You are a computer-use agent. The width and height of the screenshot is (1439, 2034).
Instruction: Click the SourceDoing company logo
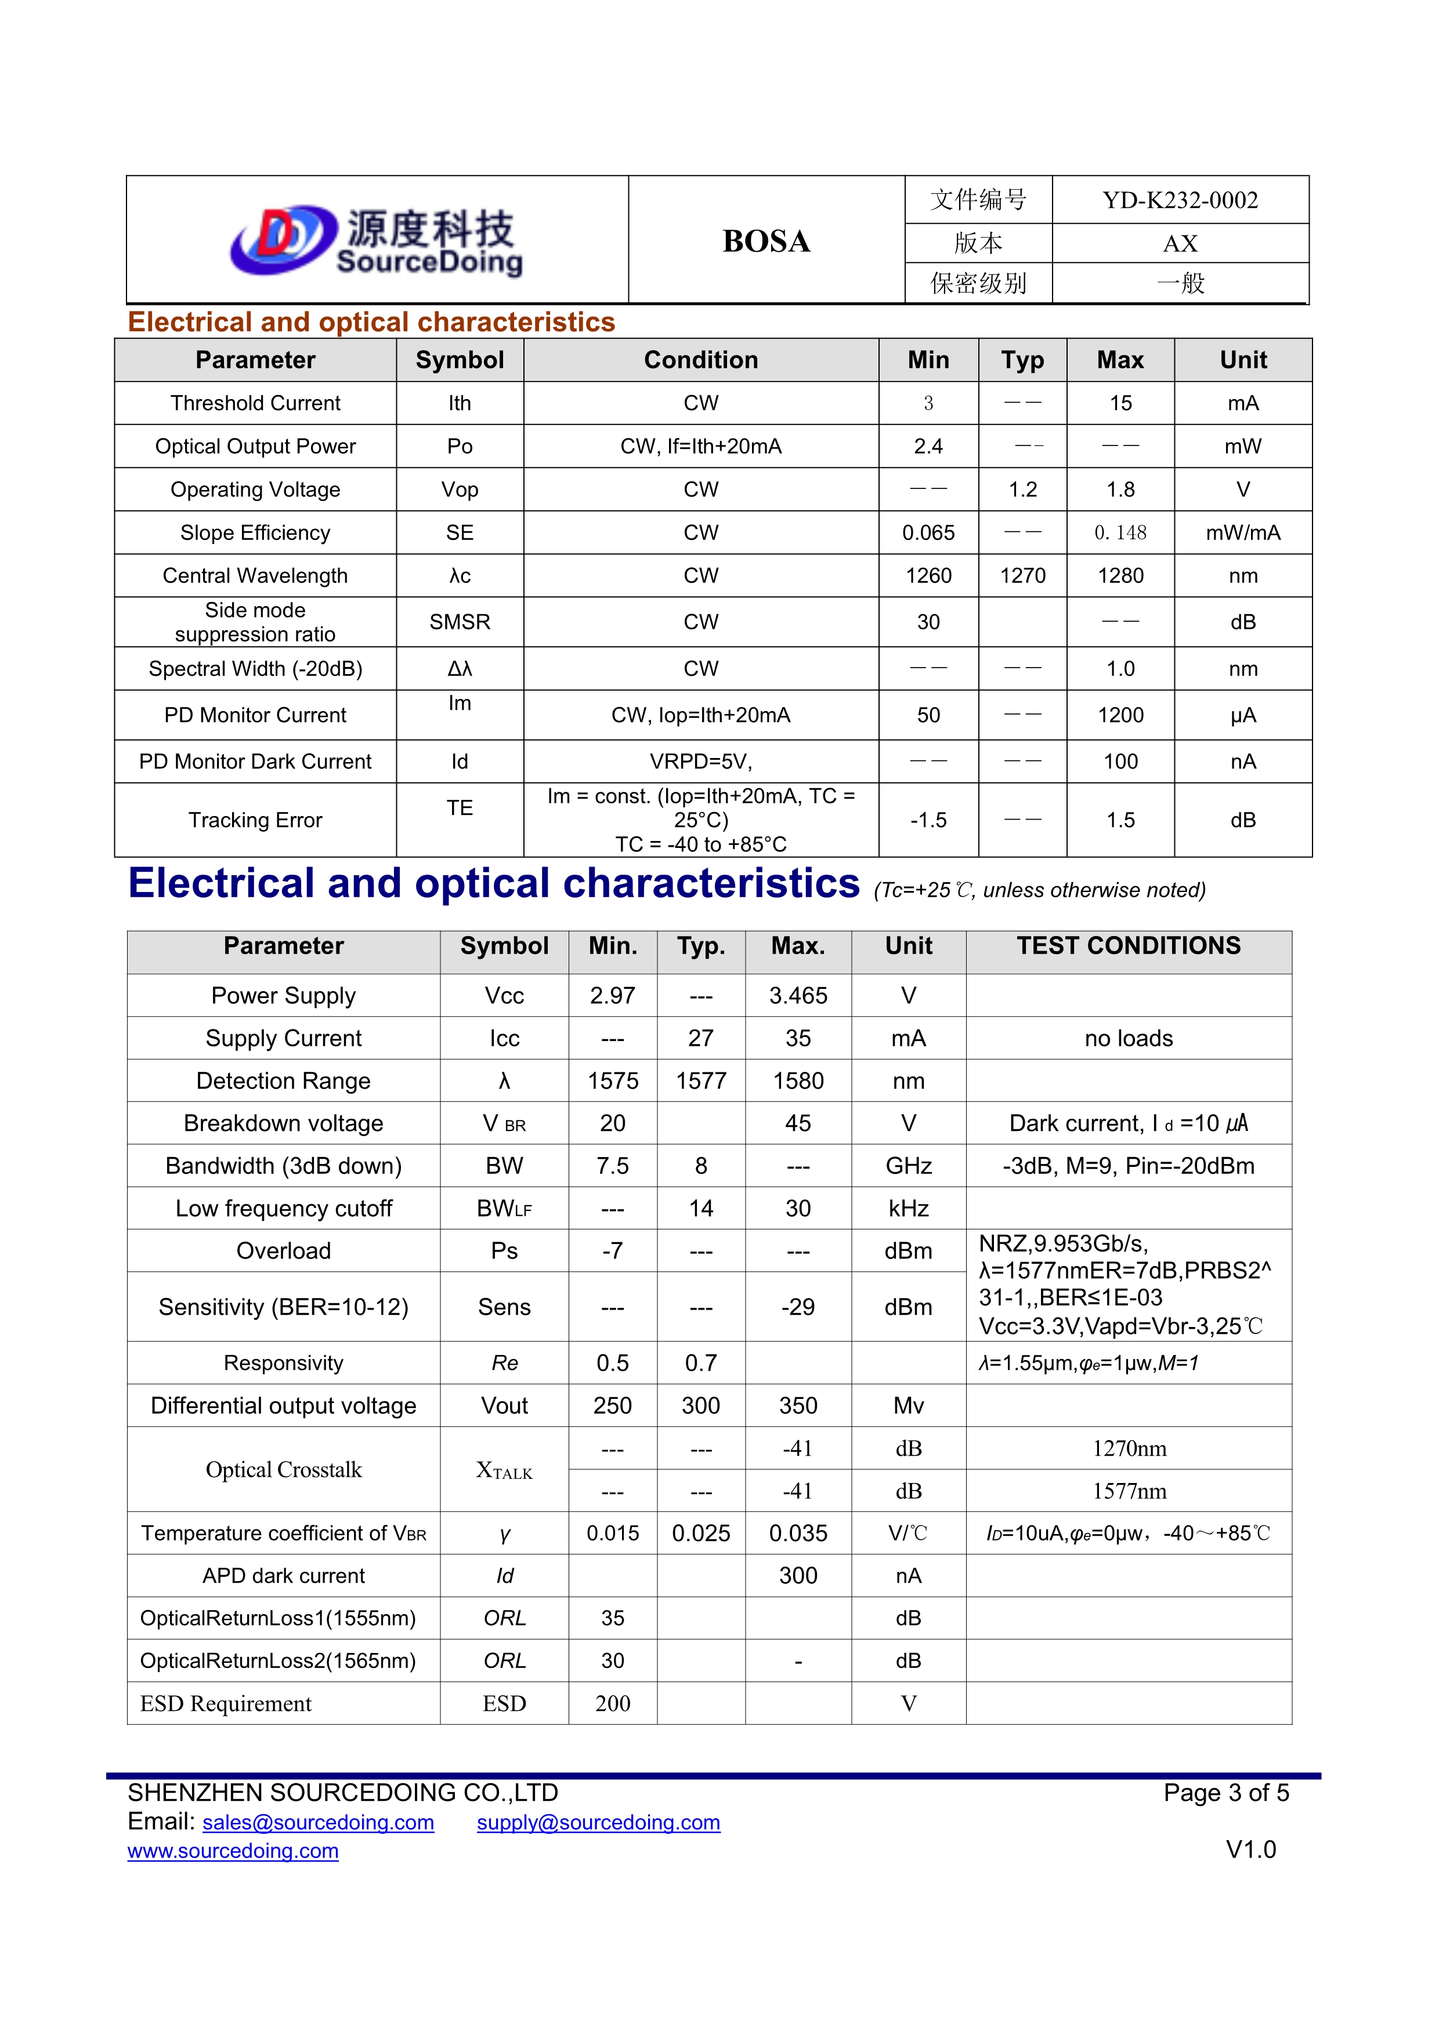pos(377,240)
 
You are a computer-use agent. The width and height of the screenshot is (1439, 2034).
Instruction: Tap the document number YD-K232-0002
pos(1180,200)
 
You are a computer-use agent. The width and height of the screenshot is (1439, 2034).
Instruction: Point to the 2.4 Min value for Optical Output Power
pos(928,447)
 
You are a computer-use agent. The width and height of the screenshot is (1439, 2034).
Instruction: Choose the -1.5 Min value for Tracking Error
pos(928,820)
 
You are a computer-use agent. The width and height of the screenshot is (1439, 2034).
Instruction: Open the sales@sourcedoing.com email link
pos(318,1822)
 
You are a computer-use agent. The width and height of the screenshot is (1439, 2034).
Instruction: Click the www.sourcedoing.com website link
pos(233,1851)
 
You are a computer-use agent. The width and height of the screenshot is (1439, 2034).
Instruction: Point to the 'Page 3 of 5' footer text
pos(1225,1793)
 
